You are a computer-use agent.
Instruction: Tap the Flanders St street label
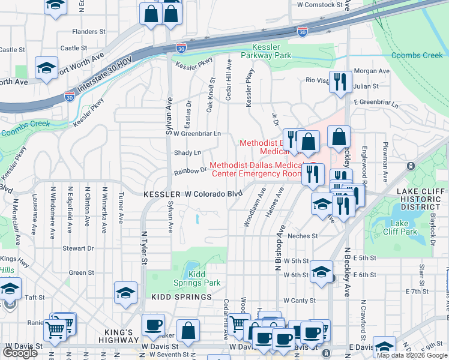88,31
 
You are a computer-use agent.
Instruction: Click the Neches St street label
303,236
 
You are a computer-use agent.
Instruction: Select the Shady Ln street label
187,153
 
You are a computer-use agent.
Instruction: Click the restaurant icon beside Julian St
340,82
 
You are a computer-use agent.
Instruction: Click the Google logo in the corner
20,353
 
